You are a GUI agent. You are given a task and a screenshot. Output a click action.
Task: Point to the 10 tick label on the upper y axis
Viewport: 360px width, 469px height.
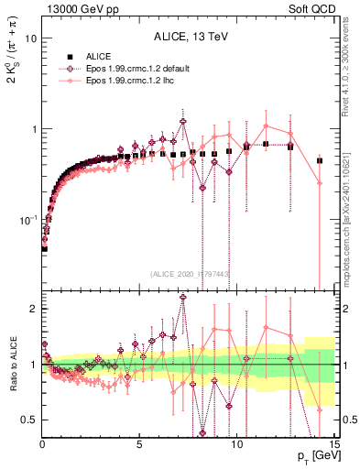click(30, 39)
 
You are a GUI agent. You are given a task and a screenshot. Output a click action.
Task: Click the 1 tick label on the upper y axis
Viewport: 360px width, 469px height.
click(33, 129)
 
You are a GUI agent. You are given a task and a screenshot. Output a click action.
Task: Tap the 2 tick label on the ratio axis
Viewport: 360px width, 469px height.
click(33, 309)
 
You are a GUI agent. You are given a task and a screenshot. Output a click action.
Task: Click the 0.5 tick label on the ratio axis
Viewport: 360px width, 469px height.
click(29, 420)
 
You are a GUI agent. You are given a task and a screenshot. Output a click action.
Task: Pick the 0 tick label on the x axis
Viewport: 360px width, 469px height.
click(42, 444)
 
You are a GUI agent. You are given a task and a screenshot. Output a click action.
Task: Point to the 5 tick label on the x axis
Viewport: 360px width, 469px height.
click(139, 444)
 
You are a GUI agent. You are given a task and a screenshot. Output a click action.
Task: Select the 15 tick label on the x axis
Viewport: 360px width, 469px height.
click(333, 444)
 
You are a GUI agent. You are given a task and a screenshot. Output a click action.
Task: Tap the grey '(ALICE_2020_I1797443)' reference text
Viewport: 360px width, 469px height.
click(190, 273)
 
